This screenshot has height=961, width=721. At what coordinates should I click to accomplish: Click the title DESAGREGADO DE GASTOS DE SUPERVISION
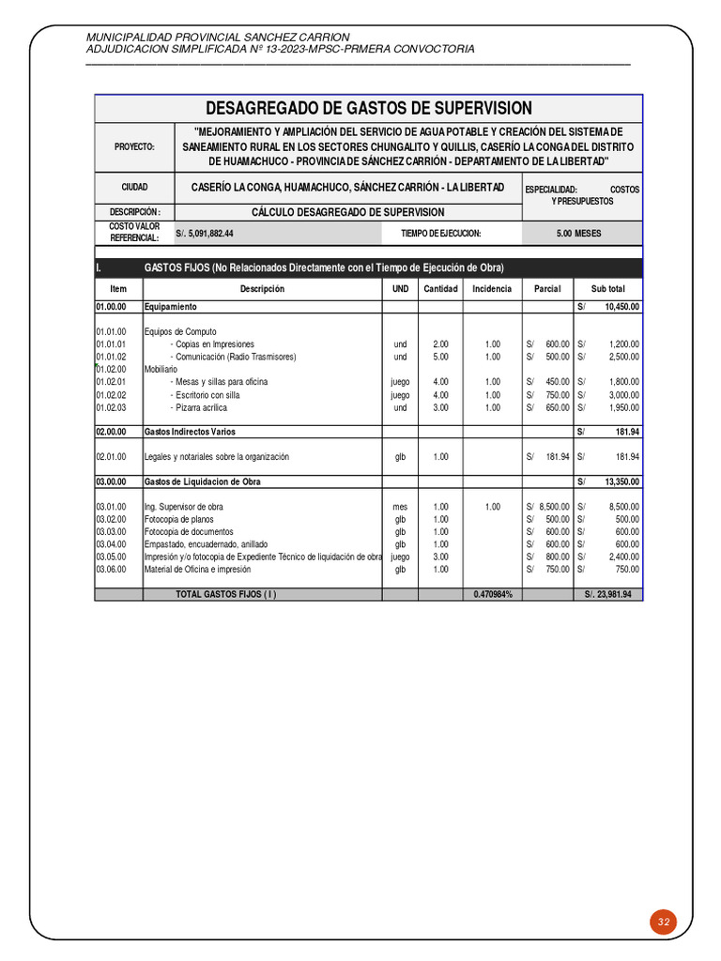[x=368, y=108]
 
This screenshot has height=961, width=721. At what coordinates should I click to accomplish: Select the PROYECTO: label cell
[x=134, y=147]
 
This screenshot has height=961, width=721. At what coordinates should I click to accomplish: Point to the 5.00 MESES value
[x=578, y=233]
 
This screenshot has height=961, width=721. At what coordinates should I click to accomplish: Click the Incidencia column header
[x=492, y=289]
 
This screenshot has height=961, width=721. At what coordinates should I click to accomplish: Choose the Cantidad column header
[x=440, y=289]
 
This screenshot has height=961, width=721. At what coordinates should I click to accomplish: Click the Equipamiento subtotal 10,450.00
[x=621, y=307]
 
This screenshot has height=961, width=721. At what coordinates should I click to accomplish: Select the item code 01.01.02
[x=111, y=357]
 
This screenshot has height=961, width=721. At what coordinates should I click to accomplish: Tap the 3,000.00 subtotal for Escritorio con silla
[x=623, y=395]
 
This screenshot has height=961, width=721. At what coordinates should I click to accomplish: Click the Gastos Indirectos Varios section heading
[x=189, y=432]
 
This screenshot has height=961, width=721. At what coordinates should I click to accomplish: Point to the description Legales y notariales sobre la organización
[x=216, y=457]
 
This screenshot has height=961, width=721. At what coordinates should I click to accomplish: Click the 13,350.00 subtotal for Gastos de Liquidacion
[x=621, y=481]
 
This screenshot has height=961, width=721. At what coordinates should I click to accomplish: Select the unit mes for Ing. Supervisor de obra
[x=400, y=507]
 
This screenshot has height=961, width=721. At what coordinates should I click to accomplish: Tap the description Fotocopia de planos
[x=178, y=519]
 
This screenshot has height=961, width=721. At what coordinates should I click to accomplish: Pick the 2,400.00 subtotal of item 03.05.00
[x=623, y=556]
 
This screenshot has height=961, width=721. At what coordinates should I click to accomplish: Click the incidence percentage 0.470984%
[x=492, y=594]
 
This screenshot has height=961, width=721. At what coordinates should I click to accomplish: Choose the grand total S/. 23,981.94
[x=607, y=594]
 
